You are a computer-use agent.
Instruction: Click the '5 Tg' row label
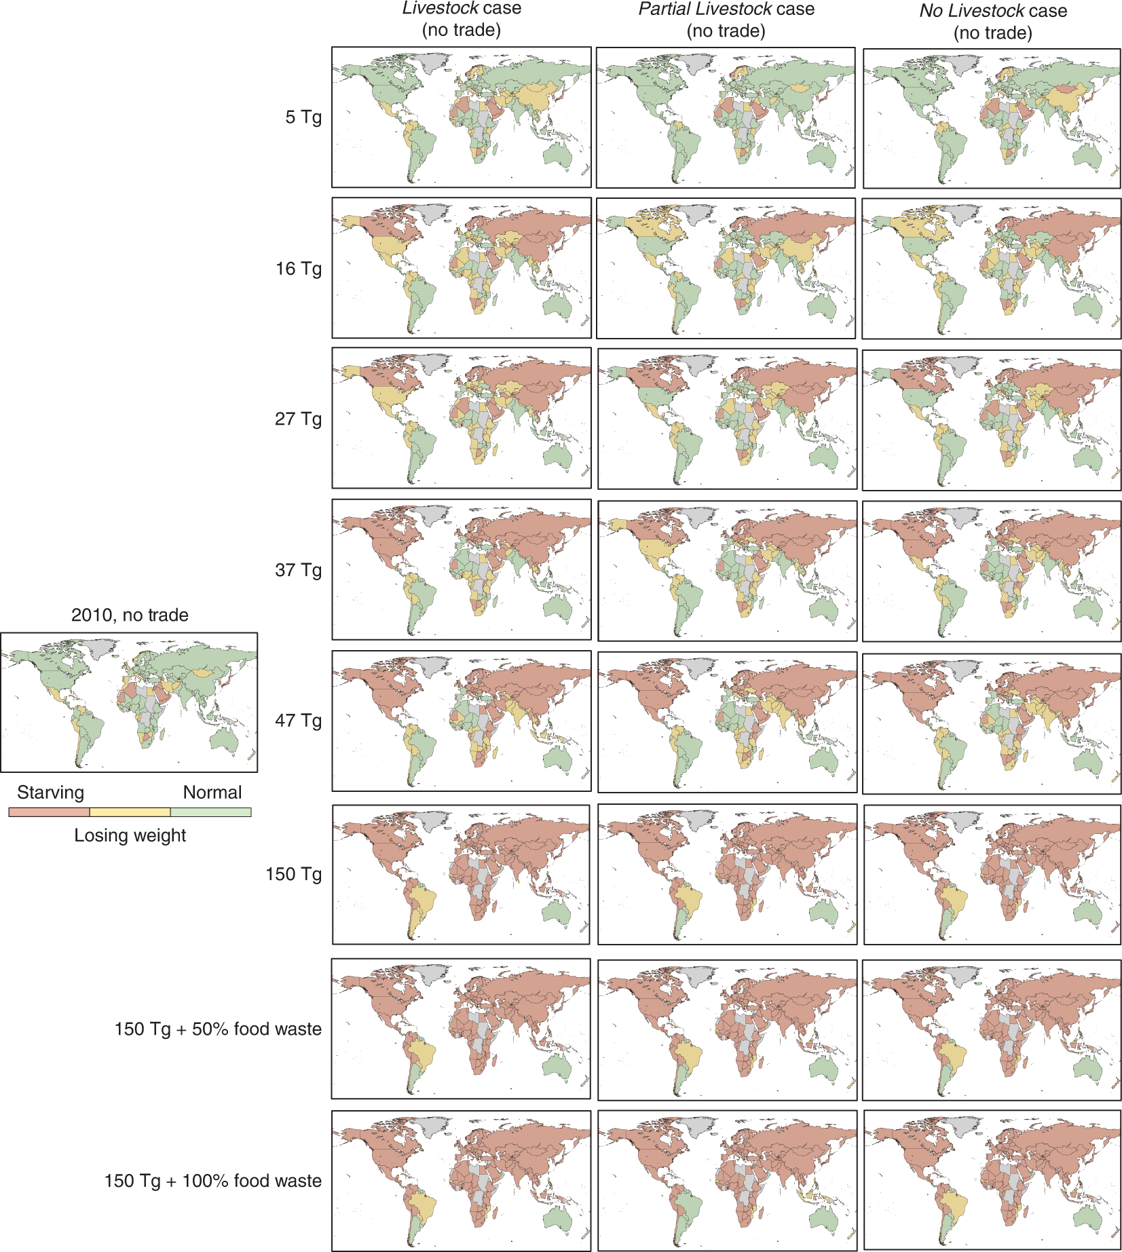(x=303, y=117)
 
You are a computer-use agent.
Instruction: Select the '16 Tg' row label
(x=298, y=269)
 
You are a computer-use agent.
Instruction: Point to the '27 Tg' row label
(x=298, y=419)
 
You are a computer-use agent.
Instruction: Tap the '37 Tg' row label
(x=298, y=570)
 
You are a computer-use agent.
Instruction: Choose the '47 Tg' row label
(x=298, y=720)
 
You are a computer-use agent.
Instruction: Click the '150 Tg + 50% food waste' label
(x=218, y=1029)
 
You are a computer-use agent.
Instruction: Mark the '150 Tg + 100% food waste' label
(x=212, y=1181)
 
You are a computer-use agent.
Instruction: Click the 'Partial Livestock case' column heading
(x=726, y=10)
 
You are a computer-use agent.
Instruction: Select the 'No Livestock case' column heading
(x=992, y=11)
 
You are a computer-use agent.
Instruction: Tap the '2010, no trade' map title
(x=130, y=615)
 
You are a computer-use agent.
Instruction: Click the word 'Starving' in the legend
(x=50, y=793)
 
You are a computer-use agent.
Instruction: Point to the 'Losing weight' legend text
(x=130, y=835)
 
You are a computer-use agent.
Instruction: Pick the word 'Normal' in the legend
(x=212, y=793)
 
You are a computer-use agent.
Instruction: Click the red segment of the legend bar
(x=49, y=812)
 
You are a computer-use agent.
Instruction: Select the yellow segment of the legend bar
(x=130, y=812)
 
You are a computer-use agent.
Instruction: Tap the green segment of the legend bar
(x=210, y=812)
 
